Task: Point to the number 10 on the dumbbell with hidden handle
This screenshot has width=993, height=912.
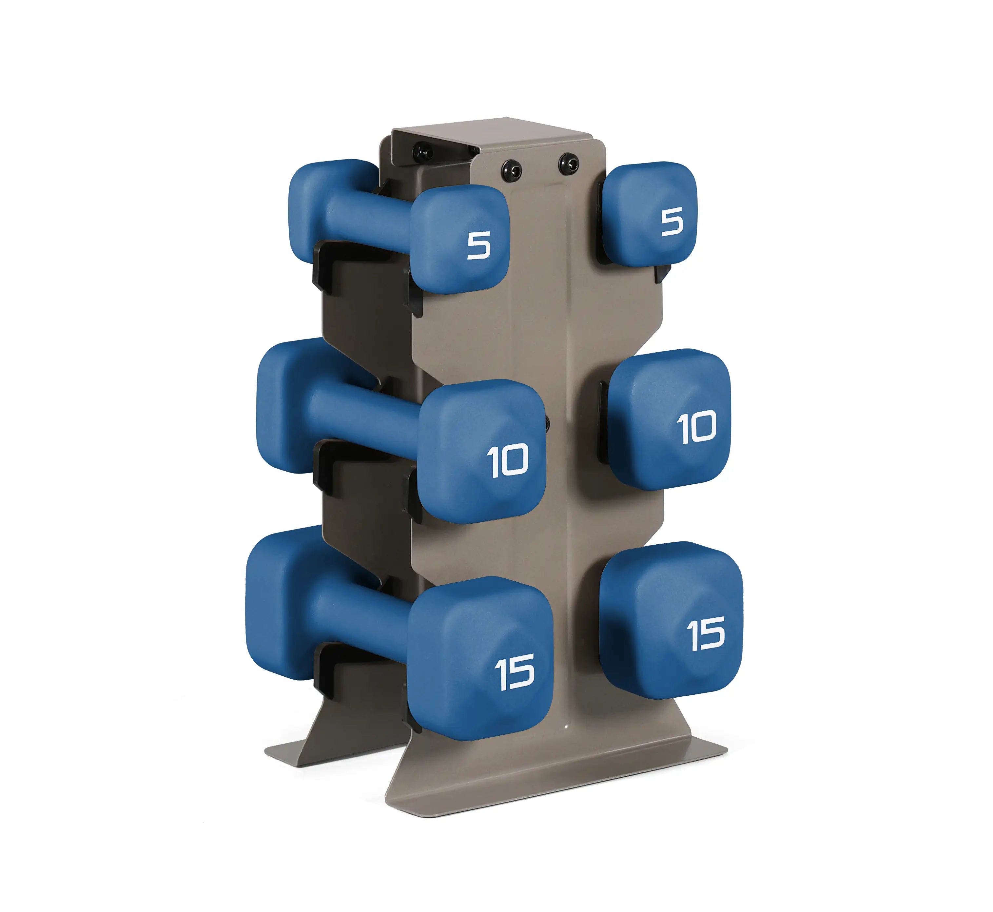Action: (x=696, y=427)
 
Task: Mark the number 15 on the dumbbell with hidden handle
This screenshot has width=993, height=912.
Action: (x=706, y=634)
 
